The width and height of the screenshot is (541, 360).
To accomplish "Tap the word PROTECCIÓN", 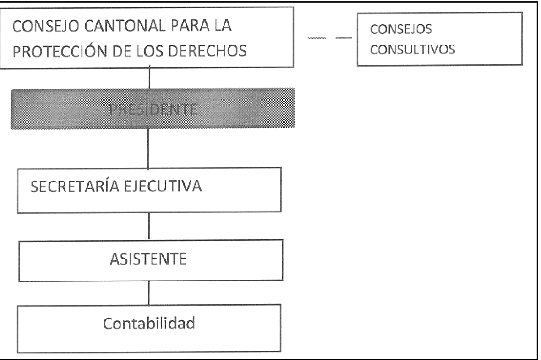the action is pos(60,51).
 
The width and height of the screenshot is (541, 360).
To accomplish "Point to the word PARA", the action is pos(190,25).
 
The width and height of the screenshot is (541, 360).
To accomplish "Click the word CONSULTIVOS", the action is pos(412,49).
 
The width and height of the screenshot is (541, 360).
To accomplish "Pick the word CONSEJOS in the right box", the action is pos(401,29).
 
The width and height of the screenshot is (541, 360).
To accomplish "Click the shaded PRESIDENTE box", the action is pos(153,109).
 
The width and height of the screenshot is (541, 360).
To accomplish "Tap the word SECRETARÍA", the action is pos(75,186).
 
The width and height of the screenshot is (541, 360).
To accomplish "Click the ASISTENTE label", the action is pos(149,259).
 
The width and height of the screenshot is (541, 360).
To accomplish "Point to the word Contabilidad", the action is pos(149,323).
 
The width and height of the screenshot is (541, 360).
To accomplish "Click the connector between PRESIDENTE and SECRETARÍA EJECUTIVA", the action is pos(148,148).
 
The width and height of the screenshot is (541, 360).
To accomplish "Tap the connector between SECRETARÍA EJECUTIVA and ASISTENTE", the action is pos(149,226).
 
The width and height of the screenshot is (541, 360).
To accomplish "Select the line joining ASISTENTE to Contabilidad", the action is pos(149,293).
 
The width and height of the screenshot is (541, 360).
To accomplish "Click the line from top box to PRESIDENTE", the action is pos(149,77).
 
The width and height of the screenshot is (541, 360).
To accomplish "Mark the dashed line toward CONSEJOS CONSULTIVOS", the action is pos(330,38).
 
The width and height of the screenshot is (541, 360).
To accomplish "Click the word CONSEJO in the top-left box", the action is pos(46,26).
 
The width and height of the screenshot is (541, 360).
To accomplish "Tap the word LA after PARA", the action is pos(223,25).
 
